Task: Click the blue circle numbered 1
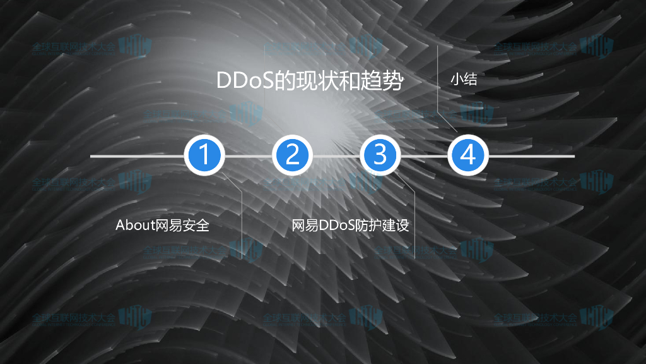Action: click(204, 155)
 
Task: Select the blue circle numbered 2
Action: click(292, 155)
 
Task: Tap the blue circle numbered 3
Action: click(380, 155)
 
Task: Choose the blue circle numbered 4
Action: click(467, 155)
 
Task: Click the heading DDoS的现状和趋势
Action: click(309, 82)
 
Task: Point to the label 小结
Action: click(462, 80)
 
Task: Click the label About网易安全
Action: click(162, 225)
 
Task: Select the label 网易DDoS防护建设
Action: click(350, 225)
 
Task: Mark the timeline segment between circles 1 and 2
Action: click(248, 155)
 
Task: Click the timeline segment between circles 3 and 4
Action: click(423, 155)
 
